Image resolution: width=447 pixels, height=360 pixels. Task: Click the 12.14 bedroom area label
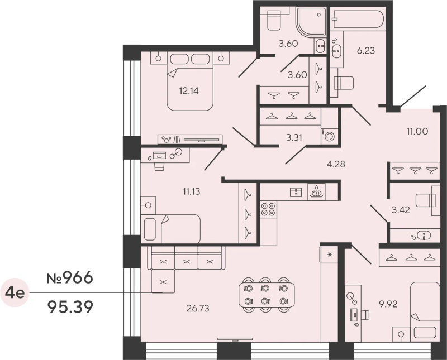pyautogui.click(x=189, y=91)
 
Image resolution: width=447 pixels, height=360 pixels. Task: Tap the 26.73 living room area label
pyautogui.click(x=198, y=308)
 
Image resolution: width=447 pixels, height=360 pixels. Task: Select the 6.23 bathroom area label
pyautogui.click(x=366, y=51)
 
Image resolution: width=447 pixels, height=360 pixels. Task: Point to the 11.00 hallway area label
pyautogui.click(x=417, y=131)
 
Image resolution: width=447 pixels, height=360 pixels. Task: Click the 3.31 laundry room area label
pyautogui.click(x=294, y=137)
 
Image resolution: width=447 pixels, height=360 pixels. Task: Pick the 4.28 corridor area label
pyautogui.click(x=336, y=164)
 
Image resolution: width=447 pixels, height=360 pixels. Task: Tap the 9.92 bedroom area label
pyautogui.click(x=388, y=304)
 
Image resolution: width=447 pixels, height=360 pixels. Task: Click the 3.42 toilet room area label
pyautogui.click(x=401, y=210)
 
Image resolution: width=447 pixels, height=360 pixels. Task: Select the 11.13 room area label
pyautogui.click(x=192, y=191)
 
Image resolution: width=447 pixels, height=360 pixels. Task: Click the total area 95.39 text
pyautogui.click(x=71, y=307)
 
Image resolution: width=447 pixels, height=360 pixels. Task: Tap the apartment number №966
pyautogui.click(x=70, y=277)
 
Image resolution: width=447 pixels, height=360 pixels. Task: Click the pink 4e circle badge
pyautogui.click(x=16, y=292)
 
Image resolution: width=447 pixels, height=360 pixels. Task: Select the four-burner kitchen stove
pyautogui.click(x=269, y=209)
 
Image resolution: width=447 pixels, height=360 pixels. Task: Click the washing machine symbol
pyautogui.click(x=330, y=136)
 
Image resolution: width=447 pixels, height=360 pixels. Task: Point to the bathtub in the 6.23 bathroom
pyautogui.click(x=358, y=19)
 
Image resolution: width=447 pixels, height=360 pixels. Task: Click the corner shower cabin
pyautogui.click(x=311, y=22)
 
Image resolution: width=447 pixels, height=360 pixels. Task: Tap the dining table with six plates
pyautogui.click(x=266, y=295)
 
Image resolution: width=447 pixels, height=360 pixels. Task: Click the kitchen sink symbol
pyautogui.click(x=296, y=192)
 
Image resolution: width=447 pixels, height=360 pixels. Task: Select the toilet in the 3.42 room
pyautogui.click(x=426, y=200)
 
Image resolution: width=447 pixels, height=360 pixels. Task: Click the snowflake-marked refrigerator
pyautogui.click(x=330, y=255)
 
